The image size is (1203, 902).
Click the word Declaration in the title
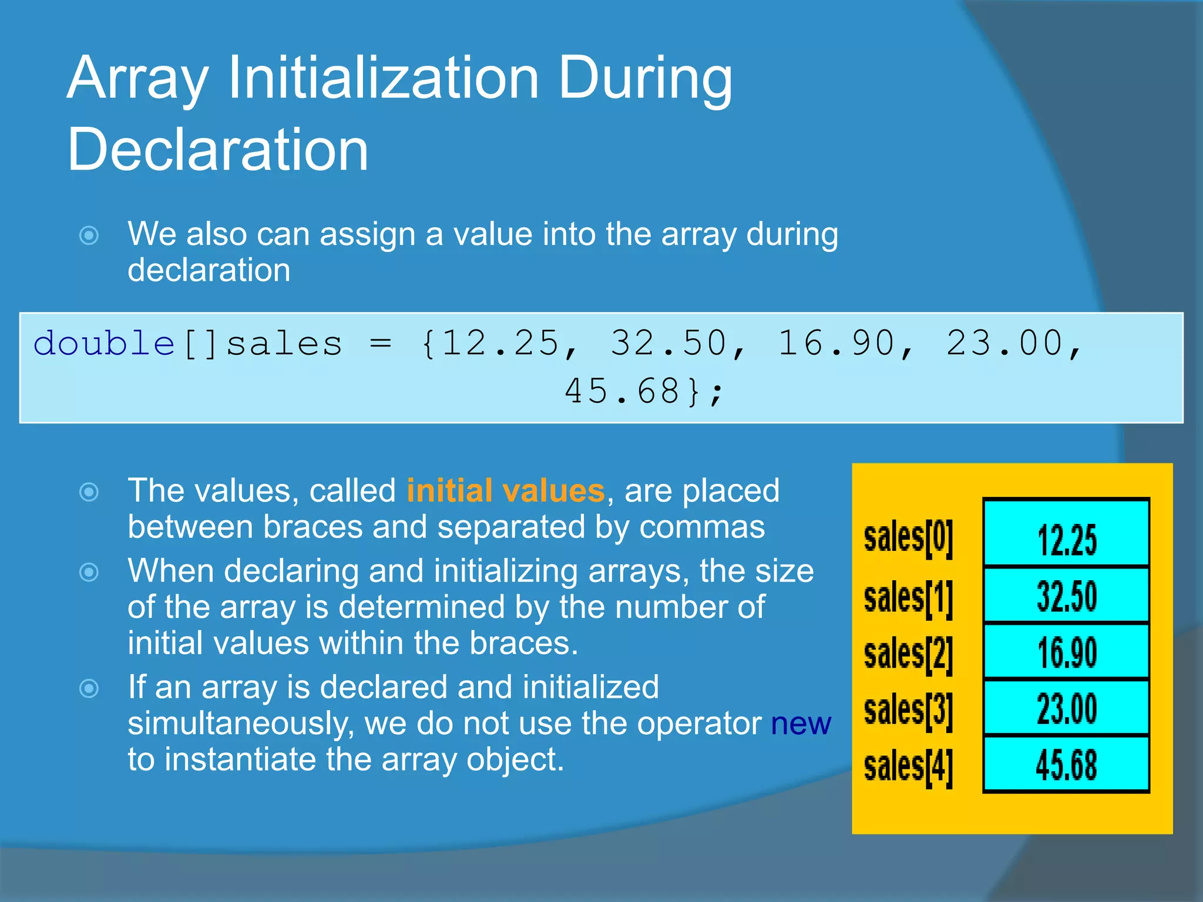tap(217, 150)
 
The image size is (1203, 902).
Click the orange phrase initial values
tap(505, 490)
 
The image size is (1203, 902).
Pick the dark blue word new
tap(801, 723)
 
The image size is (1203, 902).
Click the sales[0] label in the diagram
tap(908, 538)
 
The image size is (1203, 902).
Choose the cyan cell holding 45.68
tap(1066, 765)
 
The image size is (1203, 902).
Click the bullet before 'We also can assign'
tap(89, 235)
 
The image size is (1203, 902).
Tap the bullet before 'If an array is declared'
tap(89, 688)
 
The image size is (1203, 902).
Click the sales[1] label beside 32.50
tap(908, 598)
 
